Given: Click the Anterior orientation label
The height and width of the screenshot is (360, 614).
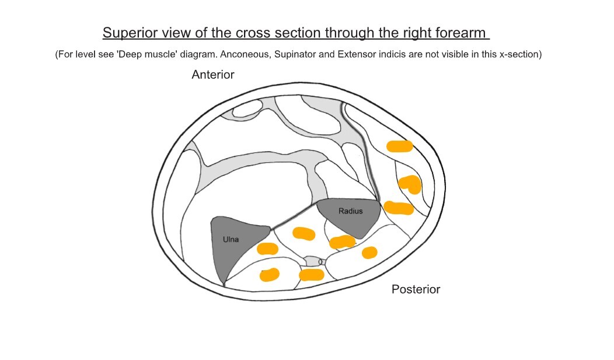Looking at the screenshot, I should click(213, 75).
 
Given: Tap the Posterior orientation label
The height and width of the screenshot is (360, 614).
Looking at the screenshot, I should click(416, 289).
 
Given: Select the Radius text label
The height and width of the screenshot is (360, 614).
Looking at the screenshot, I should click(350, 211).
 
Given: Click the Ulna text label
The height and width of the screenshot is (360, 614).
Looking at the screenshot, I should click(231, 239).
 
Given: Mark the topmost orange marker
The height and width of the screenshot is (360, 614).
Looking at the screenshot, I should click(399, 146).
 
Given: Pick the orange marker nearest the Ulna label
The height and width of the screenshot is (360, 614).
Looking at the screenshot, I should click(267, 249).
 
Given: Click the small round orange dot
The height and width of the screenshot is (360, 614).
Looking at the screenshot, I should click(369, 252).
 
